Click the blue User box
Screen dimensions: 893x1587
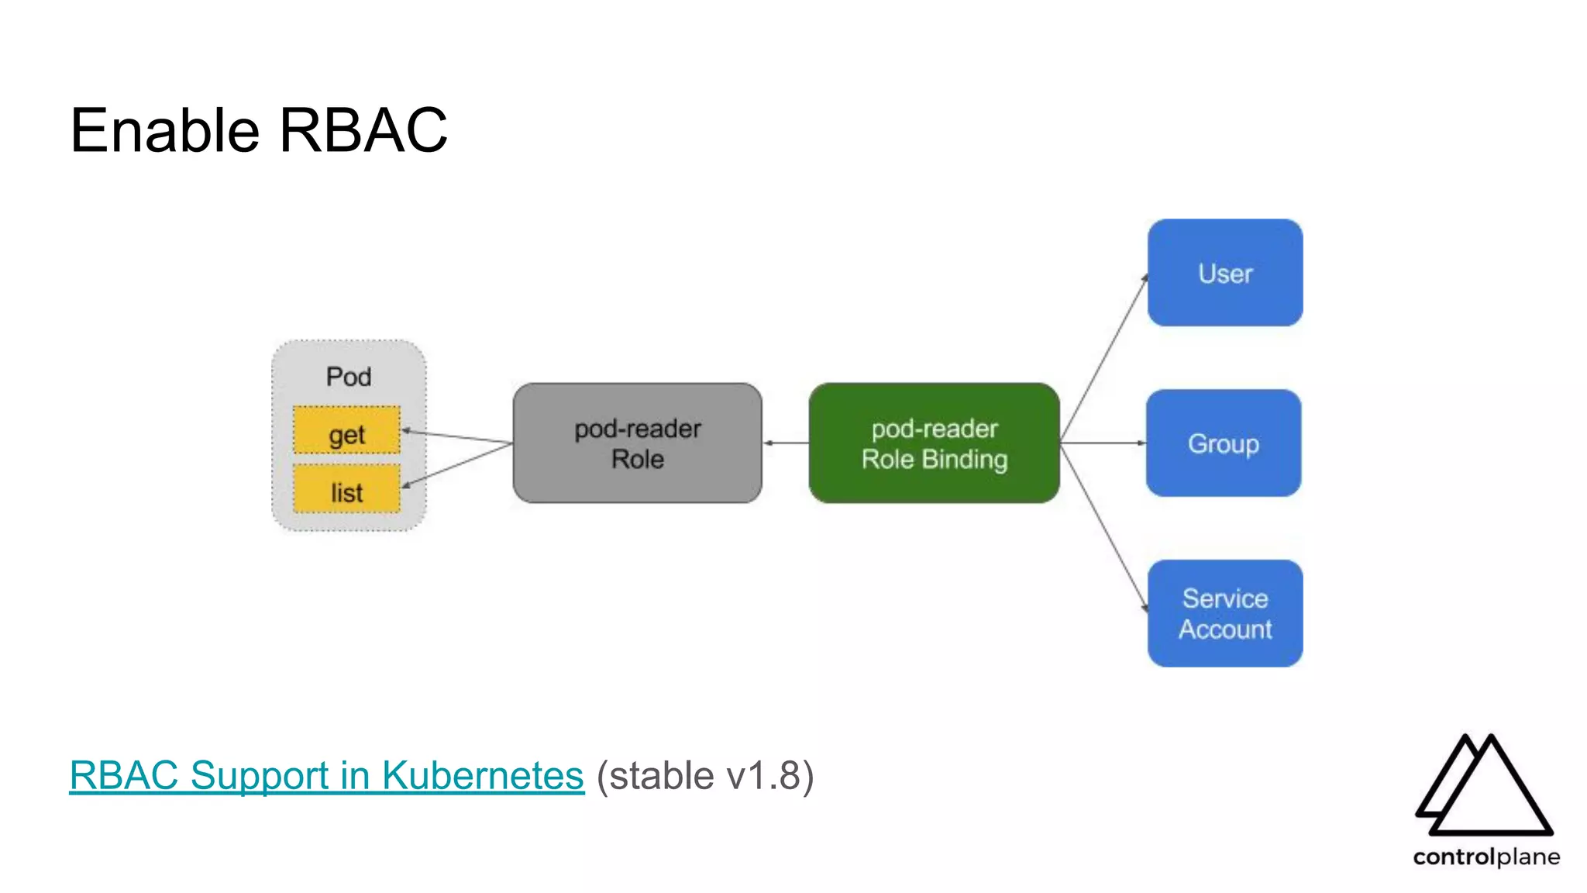(1224, 273)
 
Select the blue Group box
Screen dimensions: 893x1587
(1223, 443)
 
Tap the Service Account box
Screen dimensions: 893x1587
(1224, 613)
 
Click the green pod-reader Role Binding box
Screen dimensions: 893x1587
(934, 443)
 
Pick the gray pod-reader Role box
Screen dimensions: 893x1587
(637, 443)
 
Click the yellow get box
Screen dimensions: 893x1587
(346, 430)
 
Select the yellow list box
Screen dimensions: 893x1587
(346, 489)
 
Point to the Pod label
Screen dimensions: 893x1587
(349, 377)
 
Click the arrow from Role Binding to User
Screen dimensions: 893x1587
(1104, 357)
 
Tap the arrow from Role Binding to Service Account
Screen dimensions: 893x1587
(1104, 527)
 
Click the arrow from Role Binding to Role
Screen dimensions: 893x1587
(786, 443)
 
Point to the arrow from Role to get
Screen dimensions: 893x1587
(457, 436)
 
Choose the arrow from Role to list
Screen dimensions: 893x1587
(457, 465)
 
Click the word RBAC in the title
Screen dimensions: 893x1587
(363, 130)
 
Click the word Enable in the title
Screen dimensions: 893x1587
(164, 130)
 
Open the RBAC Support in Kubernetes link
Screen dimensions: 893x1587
(326, 775)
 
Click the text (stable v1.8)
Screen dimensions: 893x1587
(705, 775)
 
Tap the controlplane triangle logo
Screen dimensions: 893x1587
(1483, 786)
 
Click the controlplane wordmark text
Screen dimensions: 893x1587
(1485, 857)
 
